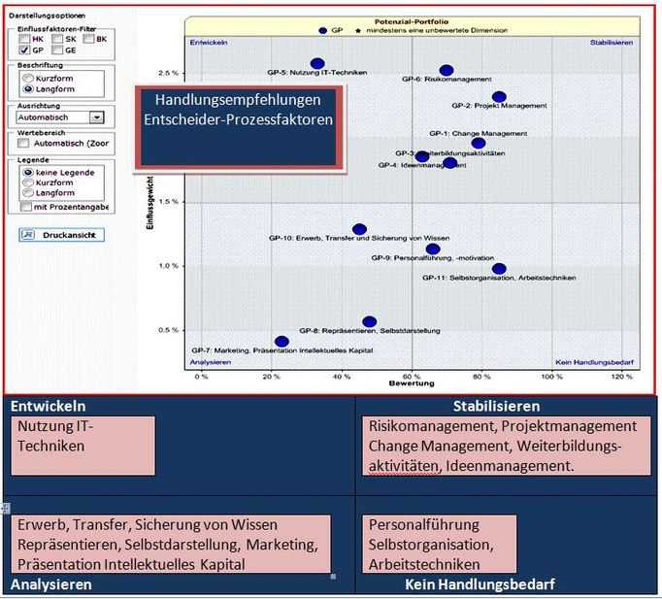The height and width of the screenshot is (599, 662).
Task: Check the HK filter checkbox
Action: tap(25, 38)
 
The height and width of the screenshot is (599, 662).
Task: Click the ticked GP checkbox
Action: tap(25, 49)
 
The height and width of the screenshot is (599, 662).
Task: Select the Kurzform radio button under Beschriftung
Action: tap(27, 77)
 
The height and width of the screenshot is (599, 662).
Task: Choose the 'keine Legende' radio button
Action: tap(27, 171)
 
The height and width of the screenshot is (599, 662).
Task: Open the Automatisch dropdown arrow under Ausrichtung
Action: tap(95, 116)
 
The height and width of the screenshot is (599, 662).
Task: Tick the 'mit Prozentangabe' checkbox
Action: tap(25, 206)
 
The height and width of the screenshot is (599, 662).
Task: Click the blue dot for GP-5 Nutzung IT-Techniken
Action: tap(317, 63)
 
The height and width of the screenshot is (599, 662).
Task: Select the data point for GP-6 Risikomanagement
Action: tap(447, 70)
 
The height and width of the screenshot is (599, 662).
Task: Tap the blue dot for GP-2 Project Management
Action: tap(499, 96)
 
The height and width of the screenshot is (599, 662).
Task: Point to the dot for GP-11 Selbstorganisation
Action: tap(499, 269)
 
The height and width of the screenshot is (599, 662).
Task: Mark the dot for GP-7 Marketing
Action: tap(281, 341)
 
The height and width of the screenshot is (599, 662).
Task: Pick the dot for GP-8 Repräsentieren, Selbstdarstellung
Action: tap(369, 321)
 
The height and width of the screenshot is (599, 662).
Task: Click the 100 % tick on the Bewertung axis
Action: tap(551, 375)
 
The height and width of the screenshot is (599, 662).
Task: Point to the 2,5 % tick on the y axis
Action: tap(169, 73)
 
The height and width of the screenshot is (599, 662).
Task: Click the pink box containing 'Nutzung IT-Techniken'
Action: tap(84, 446)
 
